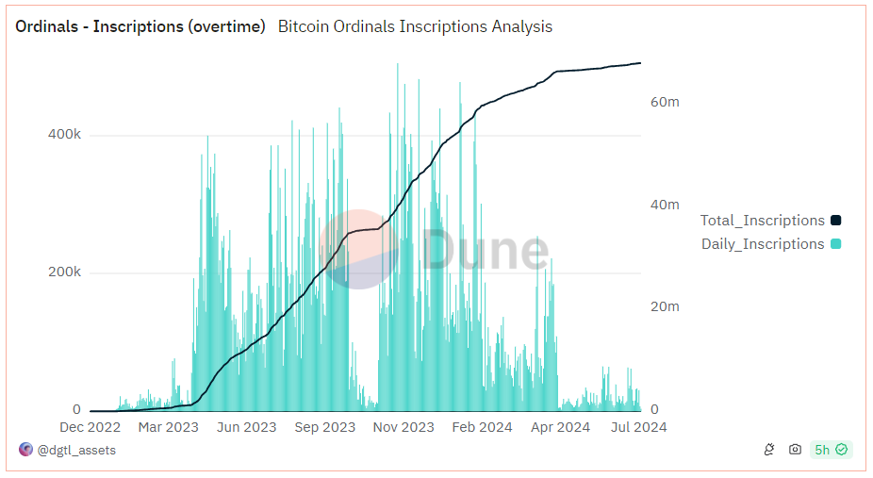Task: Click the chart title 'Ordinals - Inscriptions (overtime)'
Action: coord(140,26)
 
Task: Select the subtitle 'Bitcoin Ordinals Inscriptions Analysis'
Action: coord(415,26)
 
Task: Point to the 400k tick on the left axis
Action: coord(64,135)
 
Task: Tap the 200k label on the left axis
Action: coord(64,272)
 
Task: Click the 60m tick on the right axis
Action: coord(665,102)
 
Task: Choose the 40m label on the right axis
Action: coord(665,205)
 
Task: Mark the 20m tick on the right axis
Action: coord(665,306)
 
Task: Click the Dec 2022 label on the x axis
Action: coord(91,427)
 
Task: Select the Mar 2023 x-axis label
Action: coord(168,427)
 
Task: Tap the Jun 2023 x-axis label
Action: coord(246,427)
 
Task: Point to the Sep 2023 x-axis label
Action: coord(325,427)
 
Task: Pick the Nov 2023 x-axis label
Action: coord(404,427)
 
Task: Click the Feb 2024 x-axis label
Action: coord(482,427)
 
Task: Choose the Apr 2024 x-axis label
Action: coord(560,427)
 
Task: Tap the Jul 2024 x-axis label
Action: coord(638,427)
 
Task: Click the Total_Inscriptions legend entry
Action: coord(769,221)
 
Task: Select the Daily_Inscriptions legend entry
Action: coord(769,244)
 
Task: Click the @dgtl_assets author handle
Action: coord(75,451)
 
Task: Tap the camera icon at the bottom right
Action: coord(795,451)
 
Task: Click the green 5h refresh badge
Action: coord(831,451)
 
